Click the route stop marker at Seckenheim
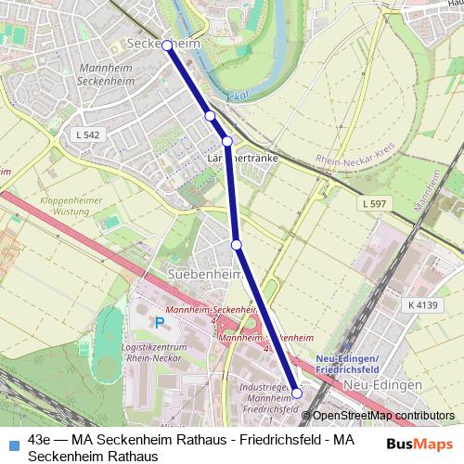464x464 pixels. (x=167, y=45)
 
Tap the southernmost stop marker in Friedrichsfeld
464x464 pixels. (x=297, y=393)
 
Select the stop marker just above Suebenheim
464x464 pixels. (x=237, y=244)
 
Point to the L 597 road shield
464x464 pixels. (x=374, y=203)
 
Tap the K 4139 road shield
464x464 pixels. (x=422, y=303)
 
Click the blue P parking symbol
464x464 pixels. (x=160, y=323)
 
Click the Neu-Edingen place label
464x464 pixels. (x=383, y=384)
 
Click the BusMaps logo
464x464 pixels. (x=420, y=445)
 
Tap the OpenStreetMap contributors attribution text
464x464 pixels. (x=383, y=416)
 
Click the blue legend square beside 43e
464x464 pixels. (x=11, y=441)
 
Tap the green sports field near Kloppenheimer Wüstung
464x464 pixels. (x=111, y=222)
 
